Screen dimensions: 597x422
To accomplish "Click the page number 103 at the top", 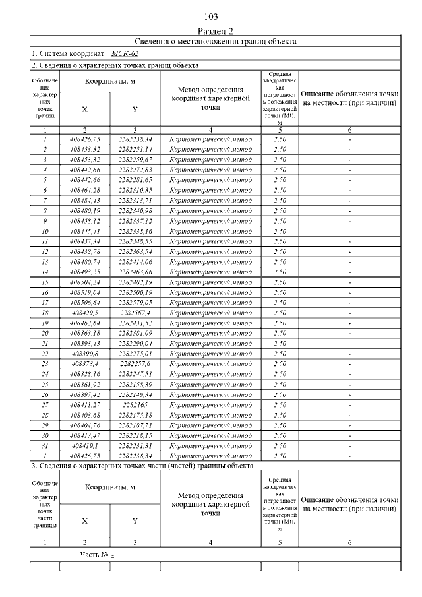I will [x=211, y=16].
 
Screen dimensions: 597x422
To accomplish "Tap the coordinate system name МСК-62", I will [x=125, y=53].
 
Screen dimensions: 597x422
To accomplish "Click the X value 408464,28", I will [x=84, y=190].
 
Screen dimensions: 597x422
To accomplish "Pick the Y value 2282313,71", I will [x=135, y=200].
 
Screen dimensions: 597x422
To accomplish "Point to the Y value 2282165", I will [x=135, y=405].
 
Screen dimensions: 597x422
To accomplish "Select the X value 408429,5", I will [x=84, y=313].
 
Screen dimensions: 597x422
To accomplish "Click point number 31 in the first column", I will [x=45, y=446].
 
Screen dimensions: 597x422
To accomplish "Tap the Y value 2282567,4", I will [x=135, y=313].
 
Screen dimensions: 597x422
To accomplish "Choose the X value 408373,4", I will [x=84, y=364].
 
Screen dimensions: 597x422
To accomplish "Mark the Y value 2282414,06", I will [x=135, y=261].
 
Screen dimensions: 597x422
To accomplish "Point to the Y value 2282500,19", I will [x=135, y=292].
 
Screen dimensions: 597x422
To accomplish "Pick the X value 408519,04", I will [x=84, y=292].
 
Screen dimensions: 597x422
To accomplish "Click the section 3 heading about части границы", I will [x=142, y=466].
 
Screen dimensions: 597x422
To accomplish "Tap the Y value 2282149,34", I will [x=135, y=394].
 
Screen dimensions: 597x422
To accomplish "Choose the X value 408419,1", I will [x=84, y=446].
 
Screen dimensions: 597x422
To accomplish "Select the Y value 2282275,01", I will [x=135, y=354].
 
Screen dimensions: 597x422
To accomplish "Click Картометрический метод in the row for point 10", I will [x=210, y=231].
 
